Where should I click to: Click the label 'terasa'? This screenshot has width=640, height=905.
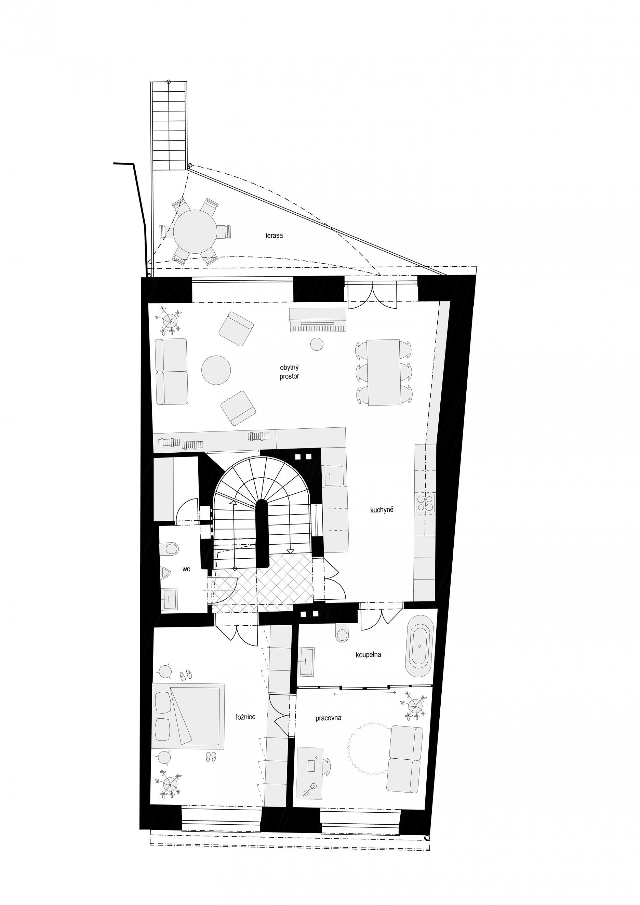[x=274, y=236]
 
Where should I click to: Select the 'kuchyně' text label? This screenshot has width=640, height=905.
[x=382, y=510]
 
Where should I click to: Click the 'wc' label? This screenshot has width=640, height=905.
[x=186, y=569]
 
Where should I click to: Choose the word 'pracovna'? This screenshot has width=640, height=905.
[x=328, y=718]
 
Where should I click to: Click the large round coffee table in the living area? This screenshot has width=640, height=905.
[x=216, y=370]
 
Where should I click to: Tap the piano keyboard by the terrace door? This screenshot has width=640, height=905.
[x=318, y=320]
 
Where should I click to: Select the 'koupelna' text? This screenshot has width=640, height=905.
[x=368, y=655]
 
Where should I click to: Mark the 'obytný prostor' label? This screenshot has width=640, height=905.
[x=289, y=372]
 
